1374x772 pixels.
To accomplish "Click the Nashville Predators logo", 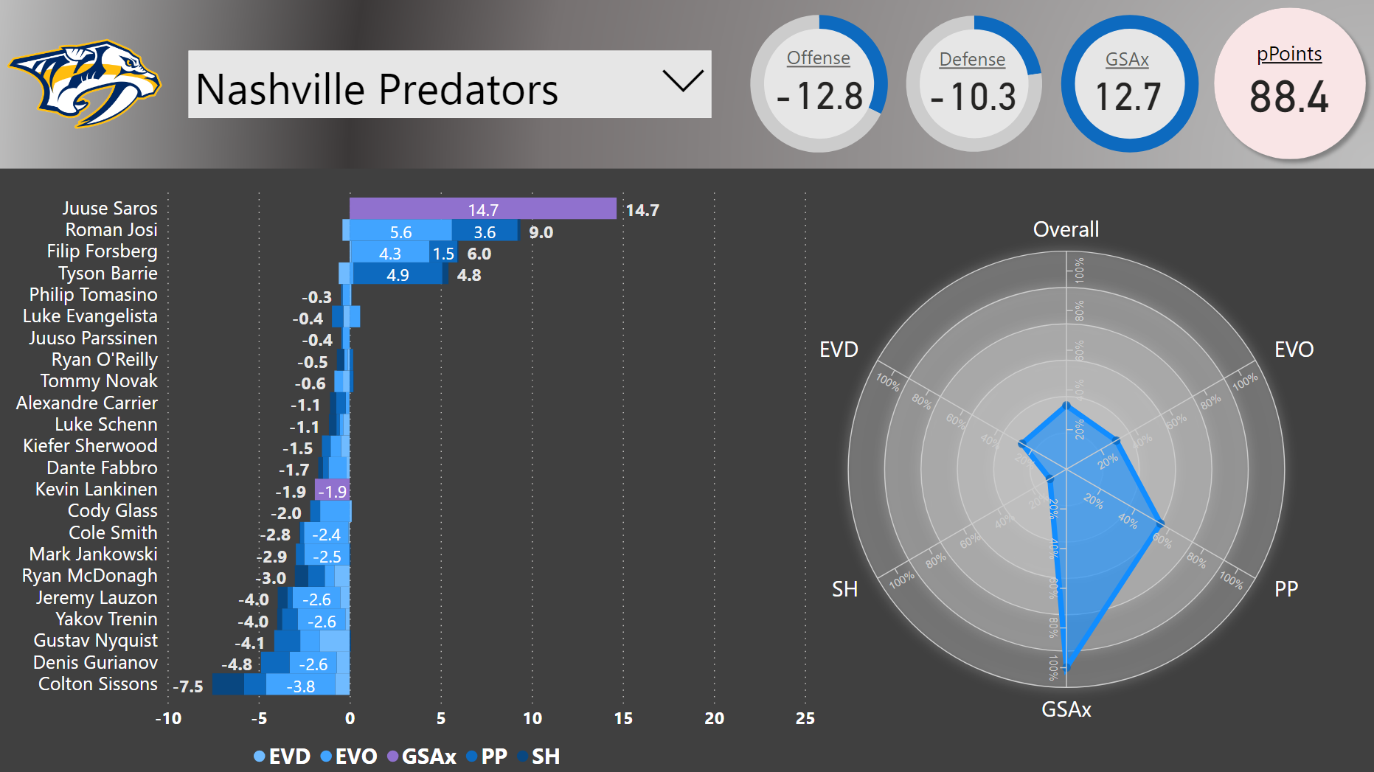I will [x=85, y=83].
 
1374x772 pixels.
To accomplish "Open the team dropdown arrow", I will [x=682, y=81].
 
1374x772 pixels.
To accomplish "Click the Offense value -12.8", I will [x=819, y=97].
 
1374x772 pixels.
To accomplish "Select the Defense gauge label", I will [x=972, y=60].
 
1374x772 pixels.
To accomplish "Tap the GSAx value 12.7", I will [x=1128, y=97].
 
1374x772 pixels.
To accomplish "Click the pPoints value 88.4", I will [x=1288, y=97].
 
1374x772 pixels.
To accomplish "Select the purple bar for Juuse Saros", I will [x=482, y=209].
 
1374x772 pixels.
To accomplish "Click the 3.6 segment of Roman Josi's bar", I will [x=485, y=232].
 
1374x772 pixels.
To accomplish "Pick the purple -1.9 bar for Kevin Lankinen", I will [x=332, y=491].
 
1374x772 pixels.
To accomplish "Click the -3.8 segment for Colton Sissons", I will [x=300, y=686].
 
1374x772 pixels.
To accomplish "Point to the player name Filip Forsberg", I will [x=102, y=251].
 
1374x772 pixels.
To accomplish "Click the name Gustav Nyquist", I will [x=95, y=640].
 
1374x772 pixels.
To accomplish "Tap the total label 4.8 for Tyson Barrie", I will [x=469, y=275].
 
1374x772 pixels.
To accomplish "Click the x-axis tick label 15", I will [x=623, y=718].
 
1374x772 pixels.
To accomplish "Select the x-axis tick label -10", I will [x=168, y=718].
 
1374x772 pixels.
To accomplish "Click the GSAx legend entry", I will [x=422, y=757].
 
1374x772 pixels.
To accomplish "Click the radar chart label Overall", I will [x=1066, y=229].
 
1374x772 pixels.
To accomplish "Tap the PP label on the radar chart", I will [x=1286, y=589].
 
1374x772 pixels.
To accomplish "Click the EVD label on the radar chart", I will [x=839, y=350].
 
